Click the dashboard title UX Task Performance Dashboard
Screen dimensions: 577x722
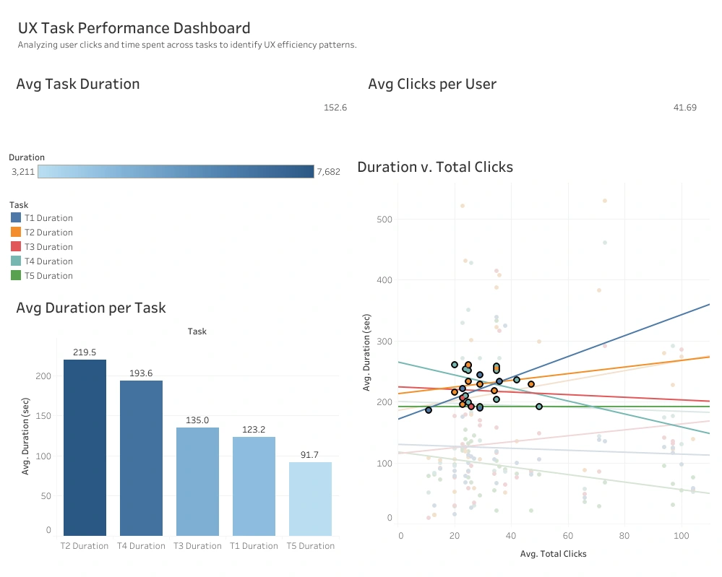(134, 29)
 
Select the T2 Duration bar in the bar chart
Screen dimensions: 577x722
(85, 448)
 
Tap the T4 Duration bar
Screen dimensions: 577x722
(142, 458)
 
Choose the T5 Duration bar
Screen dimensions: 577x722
(311, 498)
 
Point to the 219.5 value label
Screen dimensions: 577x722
(85, 352)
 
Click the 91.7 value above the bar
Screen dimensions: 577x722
(311, 455)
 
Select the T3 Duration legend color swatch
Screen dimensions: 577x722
(17, 247)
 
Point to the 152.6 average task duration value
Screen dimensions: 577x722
(335, 108)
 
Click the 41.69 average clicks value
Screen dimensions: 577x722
(684, 108)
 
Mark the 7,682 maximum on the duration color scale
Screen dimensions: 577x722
(328, 172)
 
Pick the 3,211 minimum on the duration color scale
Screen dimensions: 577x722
(23, 172)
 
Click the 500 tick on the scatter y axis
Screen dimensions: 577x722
(384, 219)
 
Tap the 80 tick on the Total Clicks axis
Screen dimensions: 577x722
(624, 537)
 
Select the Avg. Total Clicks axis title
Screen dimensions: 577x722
(553, 554)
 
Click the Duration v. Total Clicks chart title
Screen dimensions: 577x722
(435, 168)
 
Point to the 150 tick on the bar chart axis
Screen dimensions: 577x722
(44, 416)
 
